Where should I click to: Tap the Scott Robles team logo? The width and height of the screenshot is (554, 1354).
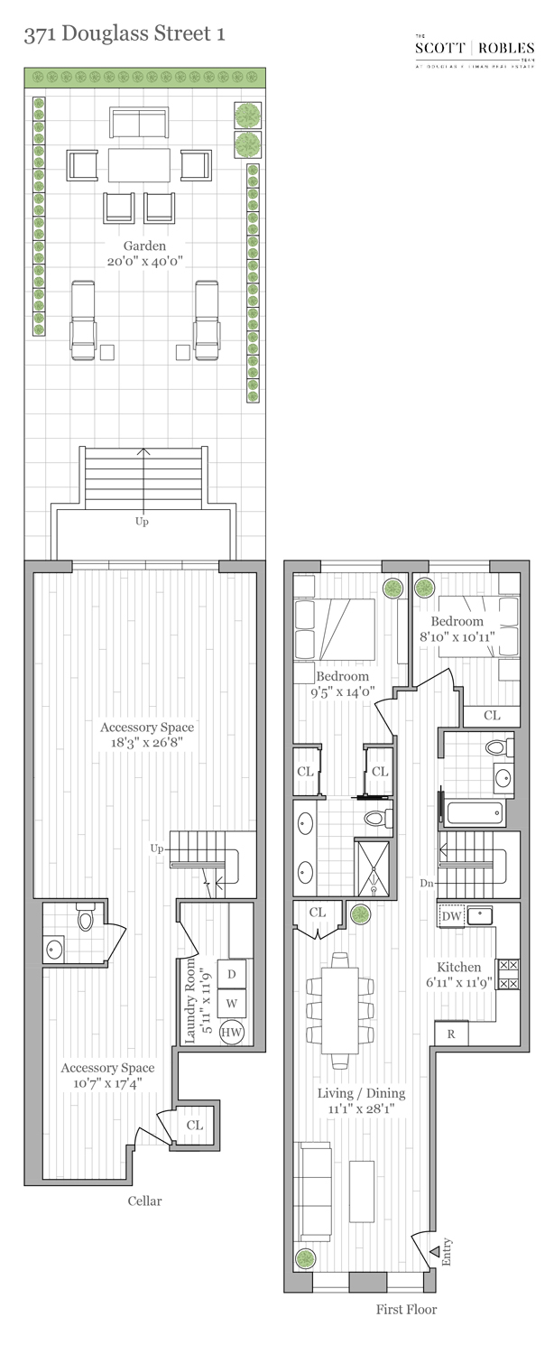tap(474, 51)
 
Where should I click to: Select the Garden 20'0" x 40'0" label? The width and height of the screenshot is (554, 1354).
tap(145, 254)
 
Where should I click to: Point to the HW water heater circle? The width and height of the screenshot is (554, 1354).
tap(233, 1032)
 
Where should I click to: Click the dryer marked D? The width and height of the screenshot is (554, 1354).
tap(232, 974)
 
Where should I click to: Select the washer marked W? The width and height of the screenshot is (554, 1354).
tap(232, 1003)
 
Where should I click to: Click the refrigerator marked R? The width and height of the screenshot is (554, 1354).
tap(451, 1034)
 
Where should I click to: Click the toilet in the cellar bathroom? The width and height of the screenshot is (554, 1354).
tap(86, 919)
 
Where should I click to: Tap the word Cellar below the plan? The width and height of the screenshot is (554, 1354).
tap(144, 1201)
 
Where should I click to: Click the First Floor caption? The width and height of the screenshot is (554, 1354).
tap(406, 1309)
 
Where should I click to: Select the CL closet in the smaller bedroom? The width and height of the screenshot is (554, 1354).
tap(491, 715)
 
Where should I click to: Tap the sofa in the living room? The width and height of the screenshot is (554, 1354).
tap(315, 1191)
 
